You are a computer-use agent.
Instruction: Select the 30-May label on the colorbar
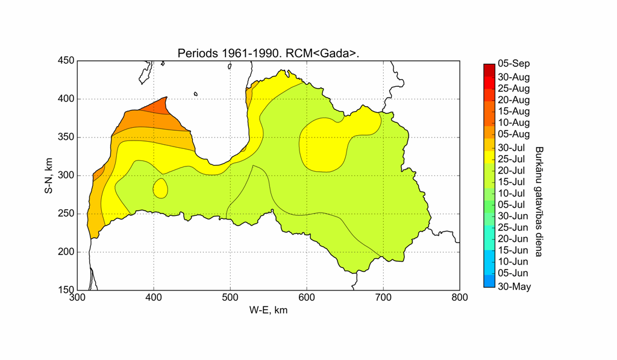point(514,286)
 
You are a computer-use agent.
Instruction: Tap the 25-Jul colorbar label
point(513,159)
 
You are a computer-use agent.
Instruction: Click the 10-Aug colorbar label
point(514,122)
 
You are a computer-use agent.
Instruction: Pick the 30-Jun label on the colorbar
point(513,216)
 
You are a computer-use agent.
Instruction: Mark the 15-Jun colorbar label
point(513,250)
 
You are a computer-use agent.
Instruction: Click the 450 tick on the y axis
point(66,60)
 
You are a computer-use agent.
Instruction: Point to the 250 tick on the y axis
point(66,213)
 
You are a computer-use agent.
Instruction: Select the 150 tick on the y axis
point(66,289)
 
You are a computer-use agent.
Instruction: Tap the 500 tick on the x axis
point(230,298)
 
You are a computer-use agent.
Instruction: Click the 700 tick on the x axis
point(383,298)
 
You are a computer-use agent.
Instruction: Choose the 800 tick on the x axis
point(460,298)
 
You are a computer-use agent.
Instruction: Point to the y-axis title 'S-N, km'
point(48,175)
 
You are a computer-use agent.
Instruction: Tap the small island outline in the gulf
point(196,93)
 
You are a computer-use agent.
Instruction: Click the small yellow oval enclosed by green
point(160,188)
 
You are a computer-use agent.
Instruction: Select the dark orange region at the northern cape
point(158,107)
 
